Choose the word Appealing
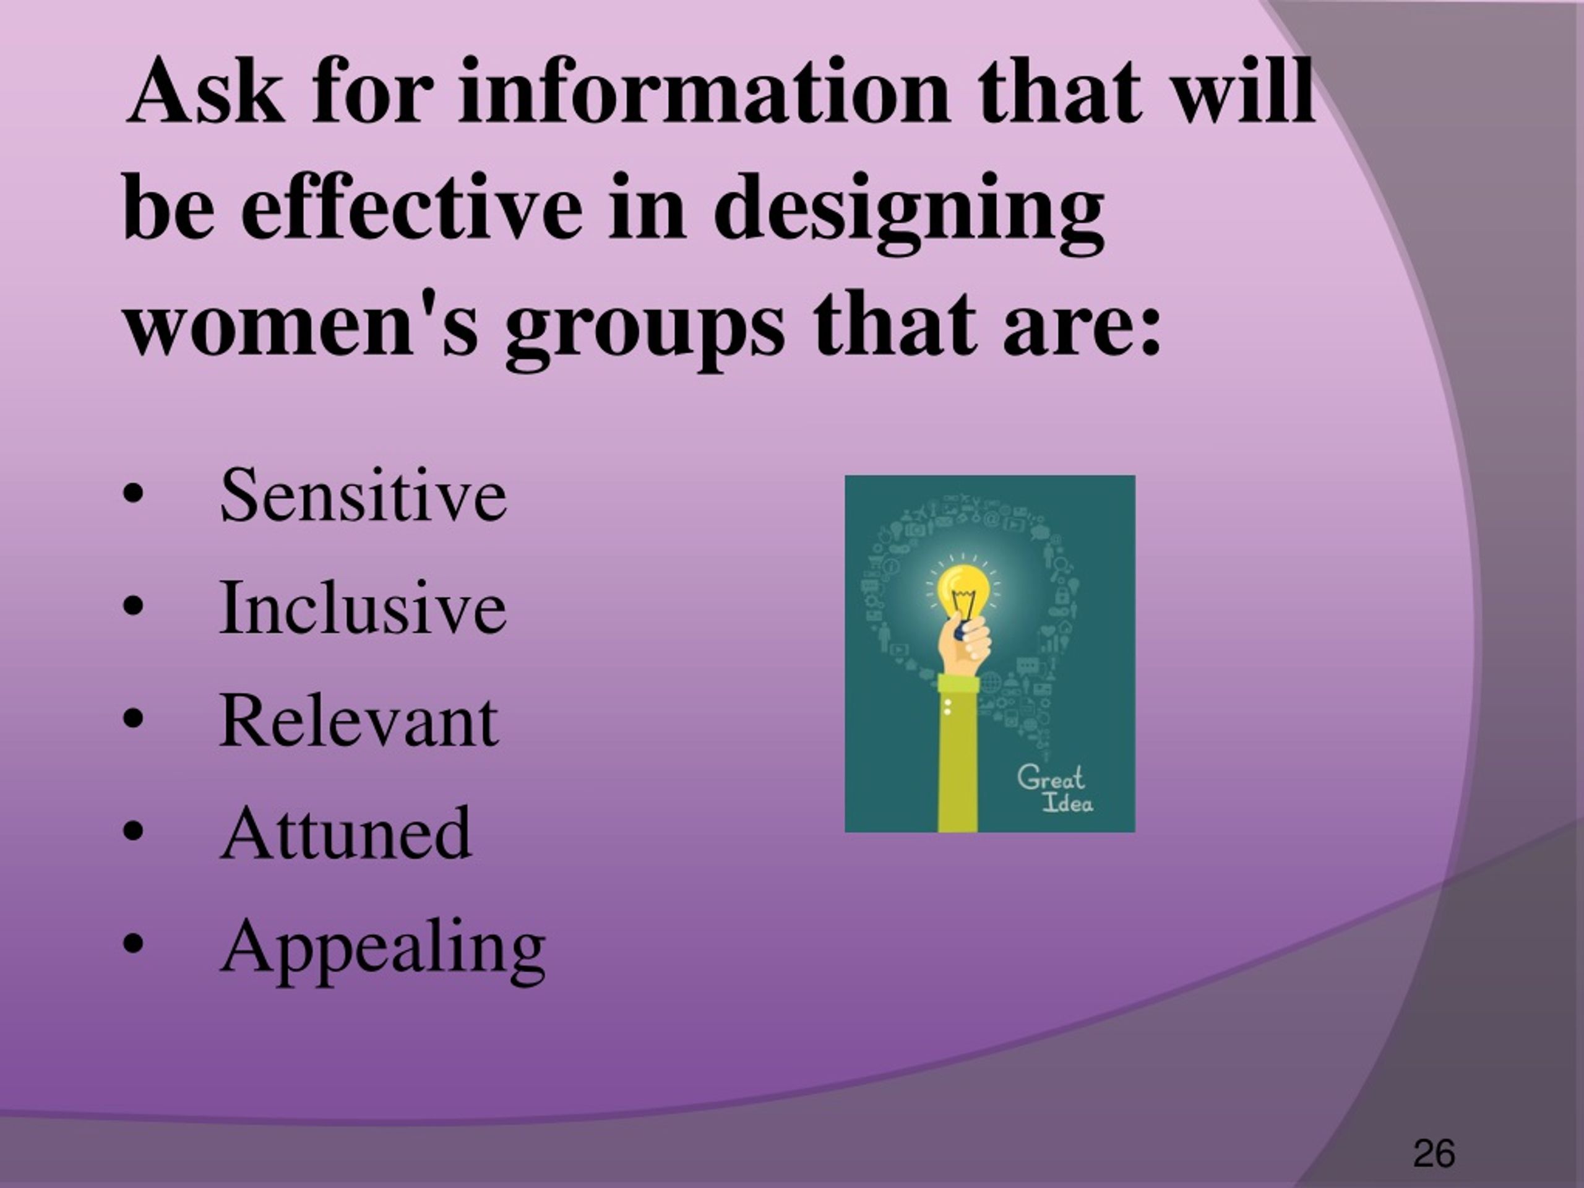(x=383, y=949)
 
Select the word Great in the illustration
(x=1051, y=777)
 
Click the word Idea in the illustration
(x=1067, y=802)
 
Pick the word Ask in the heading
(x=204, y=91)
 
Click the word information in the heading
(x=702, y=91)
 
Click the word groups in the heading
(x=645, y=333)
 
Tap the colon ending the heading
(x=1150, y=331)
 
